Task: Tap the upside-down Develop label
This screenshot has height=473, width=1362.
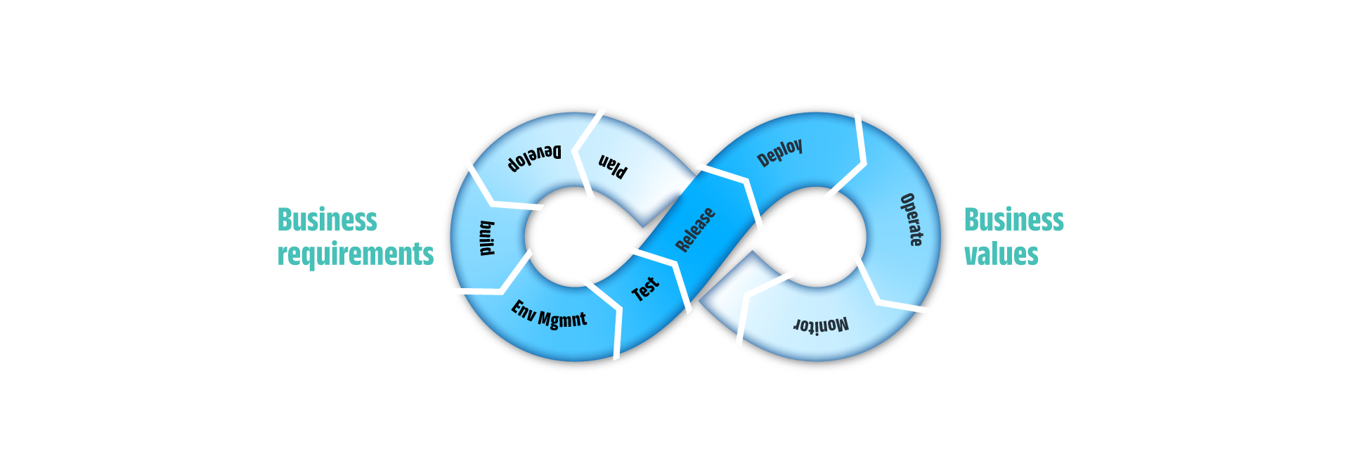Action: click(x=535, y=159)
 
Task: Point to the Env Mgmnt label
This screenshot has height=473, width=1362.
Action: click(x=549, y=314)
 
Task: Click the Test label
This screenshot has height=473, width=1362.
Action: click(x=645, y=289)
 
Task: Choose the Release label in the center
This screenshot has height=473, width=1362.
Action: click(x=695, y=230)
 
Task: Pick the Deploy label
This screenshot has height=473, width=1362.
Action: click(x=779, y=153)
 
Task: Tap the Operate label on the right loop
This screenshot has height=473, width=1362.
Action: click(x=912, y=219)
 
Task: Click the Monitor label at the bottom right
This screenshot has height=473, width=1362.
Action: click(x=821, y=325)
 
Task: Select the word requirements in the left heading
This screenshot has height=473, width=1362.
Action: click(x=355, y=254)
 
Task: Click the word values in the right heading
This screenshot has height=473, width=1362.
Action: click(x=1001, y=254)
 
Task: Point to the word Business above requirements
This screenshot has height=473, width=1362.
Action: click(x=327, y=219)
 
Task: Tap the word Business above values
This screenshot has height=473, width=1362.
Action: click(x=1013, y=219)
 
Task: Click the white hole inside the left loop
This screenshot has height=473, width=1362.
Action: click(x=573, y=237)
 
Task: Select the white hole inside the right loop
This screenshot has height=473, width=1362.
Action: click(x=815, y=237)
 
